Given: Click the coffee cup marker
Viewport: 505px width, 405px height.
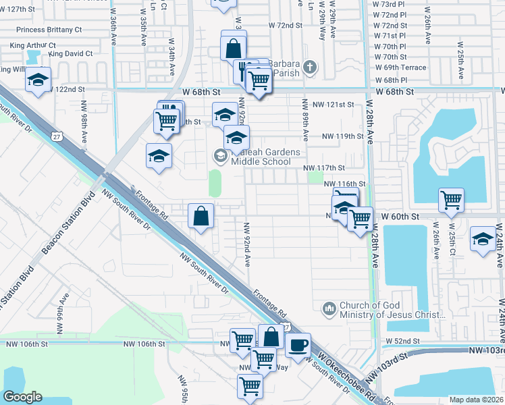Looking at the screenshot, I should click(298, 345).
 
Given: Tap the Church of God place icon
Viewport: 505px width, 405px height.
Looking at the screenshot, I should click(329, 308).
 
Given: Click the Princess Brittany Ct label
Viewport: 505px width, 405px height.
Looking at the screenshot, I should click(49, 30).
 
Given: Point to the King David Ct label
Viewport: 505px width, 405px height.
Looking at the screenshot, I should click(70, 53).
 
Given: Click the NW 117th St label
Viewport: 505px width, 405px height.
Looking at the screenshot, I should click(323, 167).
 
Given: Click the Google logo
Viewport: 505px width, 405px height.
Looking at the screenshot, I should click(23, 396).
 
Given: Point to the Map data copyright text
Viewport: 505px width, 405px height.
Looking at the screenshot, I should click(476, 400).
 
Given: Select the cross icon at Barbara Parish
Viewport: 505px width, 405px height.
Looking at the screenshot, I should click(310, 66).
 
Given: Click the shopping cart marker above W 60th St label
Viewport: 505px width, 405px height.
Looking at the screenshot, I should click(451, 199).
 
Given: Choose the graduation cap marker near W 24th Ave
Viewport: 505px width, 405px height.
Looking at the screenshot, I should click(483, 239).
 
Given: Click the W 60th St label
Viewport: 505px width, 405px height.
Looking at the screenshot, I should click(400, 215).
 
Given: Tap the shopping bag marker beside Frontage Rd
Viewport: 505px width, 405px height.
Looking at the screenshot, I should click(201, 216).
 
